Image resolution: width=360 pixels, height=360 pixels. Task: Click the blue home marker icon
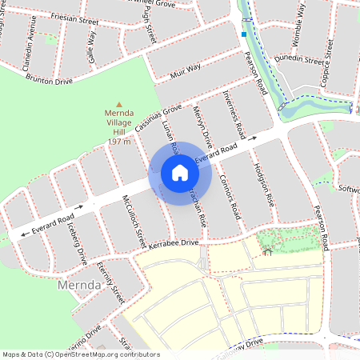point(180,172)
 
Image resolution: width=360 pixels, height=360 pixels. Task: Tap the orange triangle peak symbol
point(119,104)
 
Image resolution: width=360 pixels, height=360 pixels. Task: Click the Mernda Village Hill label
point(119,127)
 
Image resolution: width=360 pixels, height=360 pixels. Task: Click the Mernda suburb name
point(78,284)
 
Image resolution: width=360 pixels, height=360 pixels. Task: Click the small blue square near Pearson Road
point(244,34)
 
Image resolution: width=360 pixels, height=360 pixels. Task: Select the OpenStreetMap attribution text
point(81,354)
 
